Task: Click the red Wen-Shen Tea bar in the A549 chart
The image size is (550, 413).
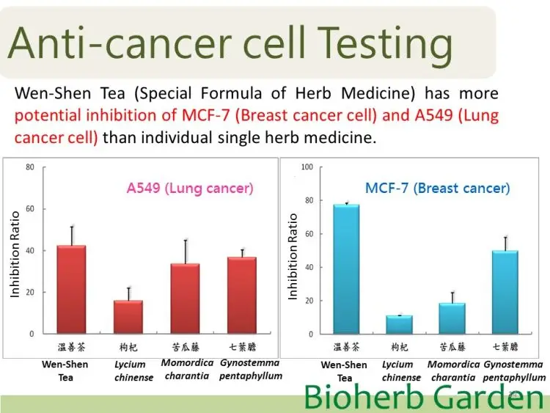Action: coord(72,290)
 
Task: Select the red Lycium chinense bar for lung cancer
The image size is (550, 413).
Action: coord(128,317)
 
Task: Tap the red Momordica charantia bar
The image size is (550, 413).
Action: coord(186,299)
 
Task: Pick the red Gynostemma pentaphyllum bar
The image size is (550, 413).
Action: coord(242,296)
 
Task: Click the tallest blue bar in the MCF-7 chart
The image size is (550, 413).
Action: coord(347,269)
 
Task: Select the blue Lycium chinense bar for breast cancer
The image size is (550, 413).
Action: coord(400,325)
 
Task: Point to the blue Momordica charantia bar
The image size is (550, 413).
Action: coord(452,318)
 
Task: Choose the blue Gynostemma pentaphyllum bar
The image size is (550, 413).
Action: coord(505,292)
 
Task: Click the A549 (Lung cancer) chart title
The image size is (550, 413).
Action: coord(190,189)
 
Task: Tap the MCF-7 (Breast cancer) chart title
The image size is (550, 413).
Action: coord(437,189)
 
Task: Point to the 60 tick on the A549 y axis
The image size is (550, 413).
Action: coord(30,209)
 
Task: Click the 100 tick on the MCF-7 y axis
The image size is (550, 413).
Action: coord(307,167)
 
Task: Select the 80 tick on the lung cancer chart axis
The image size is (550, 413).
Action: coord(30,167)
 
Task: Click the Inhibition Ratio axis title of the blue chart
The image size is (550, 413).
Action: coord(293,257)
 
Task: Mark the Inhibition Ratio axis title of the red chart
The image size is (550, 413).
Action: coord(15,255)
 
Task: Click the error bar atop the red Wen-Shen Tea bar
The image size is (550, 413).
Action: coord(72,235)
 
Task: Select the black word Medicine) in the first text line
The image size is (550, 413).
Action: coord(378,94)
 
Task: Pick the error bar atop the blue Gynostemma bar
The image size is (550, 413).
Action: coord(506,244)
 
